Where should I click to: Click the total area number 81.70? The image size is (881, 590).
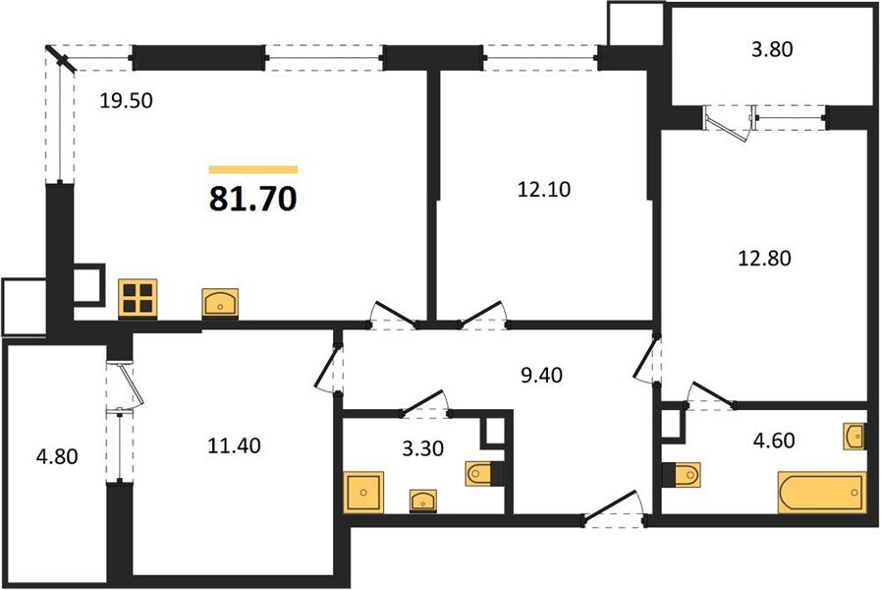click(x=252, y=200)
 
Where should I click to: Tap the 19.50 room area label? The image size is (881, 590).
click(x=129, y=99)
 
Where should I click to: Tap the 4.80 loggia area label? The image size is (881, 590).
click(x=54, y=456)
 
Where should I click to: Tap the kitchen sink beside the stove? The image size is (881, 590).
click(x=220, y=302)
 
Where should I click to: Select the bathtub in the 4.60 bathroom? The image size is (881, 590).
click(x=821, y=493)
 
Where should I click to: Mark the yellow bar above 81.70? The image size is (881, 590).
click(x=252, y=169)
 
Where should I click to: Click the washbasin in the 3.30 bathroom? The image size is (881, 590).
click(x=424, y=500)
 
